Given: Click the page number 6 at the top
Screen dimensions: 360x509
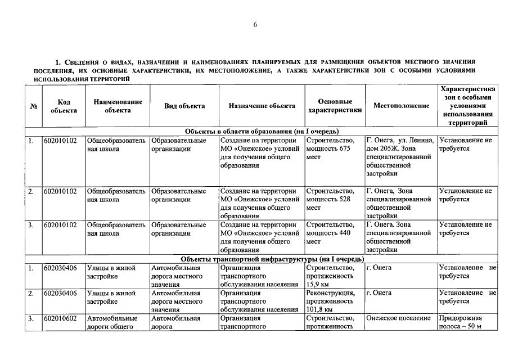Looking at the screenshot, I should (x=255, y=25).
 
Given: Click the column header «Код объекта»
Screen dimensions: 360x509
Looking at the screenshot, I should (x=64, y=106).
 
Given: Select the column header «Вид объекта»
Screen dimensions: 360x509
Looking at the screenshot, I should (x=184, y=106).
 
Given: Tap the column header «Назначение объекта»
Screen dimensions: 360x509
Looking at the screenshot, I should (x=262, y=106).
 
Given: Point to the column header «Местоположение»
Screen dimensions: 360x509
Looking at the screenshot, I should (x=401, y=106).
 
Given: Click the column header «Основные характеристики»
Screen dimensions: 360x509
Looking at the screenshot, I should (x=335, y=106).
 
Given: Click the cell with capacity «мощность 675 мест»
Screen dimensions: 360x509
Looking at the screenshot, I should (x=335, y=148).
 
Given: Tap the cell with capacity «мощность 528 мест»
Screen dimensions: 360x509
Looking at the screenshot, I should (x=335, y=199).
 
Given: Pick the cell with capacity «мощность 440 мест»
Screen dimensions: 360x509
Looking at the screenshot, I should (x=335, y=233).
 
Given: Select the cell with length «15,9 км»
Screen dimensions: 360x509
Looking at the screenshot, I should (x=335, y=276).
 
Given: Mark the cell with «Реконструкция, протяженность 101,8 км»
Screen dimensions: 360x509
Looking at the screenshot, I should (x=335, y=301).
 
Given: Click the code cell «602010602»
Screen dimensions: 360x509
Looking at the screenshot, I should (x=64, y=318).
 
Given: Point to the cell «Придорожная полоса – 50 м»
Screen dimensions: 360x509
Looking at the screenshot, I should (x=466, y=322).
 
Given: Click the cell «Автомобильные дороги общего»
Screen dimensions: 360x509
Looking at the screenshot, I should (x=116, y=322).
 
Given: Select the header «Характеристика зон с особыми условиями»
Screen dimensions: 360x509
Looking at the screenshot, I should (x=467, y=106).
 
